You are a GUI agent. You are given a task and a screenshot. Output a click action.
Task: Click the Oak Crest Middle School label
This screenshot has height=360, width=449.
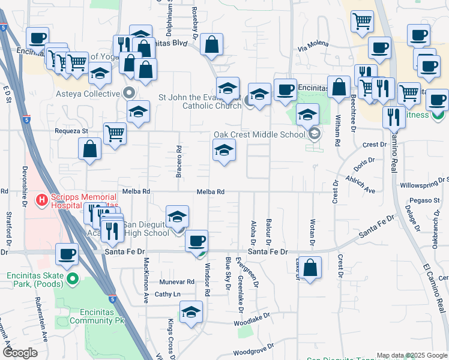tap(260, 134)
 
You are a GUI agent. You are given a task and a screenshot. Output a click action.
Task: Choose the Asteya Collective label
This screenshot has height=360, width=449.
tap(88, 94)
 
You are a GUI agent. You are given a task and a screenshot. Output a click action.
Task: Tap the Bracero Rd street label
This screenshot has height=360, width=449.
tap(179, 161)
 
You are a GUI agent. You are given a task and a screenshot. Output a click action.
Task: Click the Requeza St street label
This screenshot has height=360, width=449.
tap(71, 130)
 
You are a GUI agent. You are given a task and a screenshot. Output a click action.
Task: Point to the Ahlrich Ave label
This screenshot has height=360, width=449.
tap(360, 185)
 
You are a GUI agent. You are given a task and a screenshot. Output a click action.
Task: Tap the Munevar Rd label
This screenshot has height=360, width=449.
tap(177, 281)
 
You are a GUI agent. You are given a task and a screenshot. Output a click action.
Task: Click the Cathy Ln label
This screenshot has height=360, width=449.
tap(167, 294)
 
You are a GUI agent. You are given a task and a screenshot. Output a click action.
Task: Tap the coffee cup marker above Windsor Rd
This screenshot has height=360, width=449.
tap(196, 241)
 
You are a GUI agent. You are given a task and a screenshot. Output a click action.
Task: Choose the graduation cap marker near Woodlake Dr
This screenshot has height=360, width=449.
tap(191, 312)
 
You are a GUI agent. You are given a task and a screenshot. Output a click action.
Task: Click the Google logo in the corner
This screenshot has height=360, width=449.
tap(20, 353)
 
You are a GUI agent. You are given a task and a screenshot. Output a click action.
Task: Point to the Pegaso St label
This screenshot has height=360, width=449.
tap(421, 200)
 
